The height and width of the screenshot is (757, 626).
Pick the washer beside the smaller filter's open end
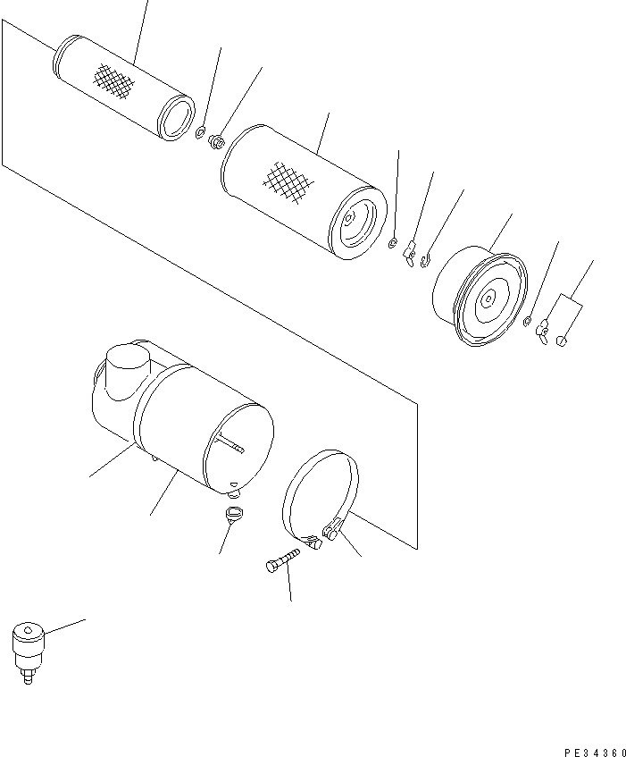[x=200, y=134]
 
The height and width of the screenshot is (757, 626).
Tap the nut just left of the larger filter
[x=217, y=140]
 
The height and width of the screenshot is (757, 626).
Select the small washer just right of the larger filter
[x=393, y=242]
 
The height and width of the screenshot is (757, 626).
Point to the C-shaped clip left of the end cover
[x=426, y=260]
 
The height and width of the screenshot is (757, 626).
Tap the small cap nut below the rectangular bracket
[x=561, y=341]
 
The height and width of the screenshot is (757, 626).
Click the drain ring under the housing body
[x=234, y=514]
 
